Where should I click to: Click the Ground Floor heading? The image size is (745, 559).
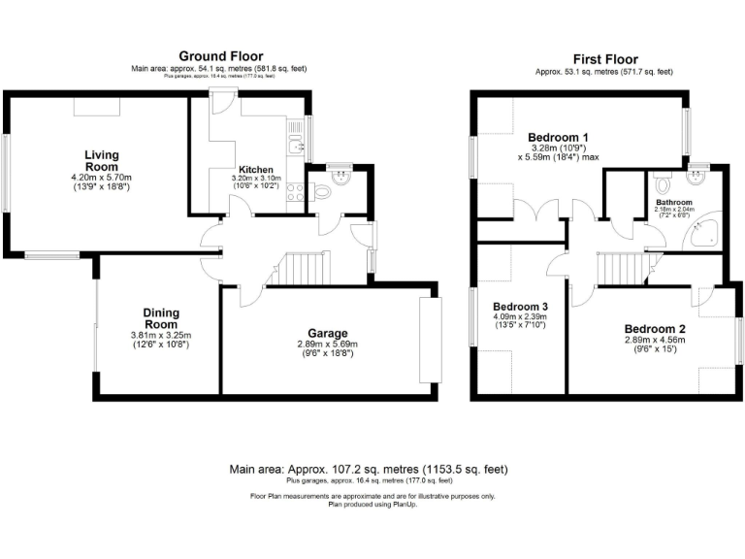tap(219, 56)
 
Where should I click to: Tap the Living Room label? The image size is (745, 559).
tap(101, 161)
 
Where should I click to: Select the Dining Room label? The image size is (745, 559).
tap(161, 318)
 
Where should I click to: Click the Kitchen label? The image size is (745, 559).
tap(256, 170)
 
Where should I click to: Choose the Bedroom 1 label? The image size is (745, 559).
tap(558, 137)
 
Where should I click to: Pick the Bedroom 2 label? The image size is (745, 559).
tap(655, 328)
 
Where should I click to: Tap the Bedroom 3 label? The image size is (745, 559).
tap(520, 304)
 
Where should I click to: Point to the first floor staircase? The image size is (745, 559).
tap(616, 265)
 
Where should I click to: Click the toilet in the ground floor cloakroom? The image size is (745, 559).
tap(324, 192)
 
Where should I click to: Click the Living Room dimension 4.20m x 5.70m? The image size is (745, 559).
tap(101, 179)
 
